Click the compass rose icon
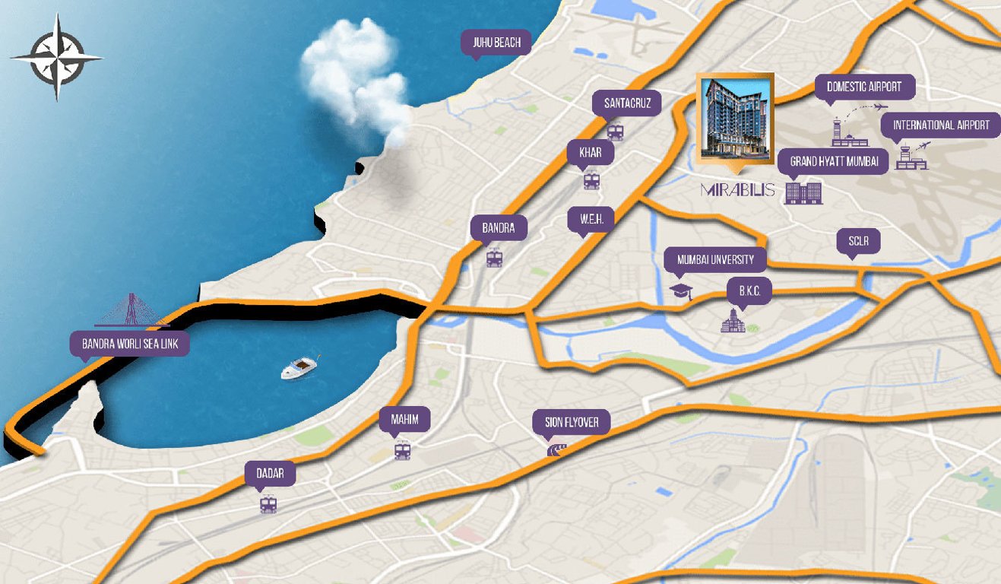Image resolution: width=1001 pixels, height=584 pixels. point(56,57)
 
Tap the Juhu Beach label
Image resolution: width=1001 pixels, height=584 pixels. point(497,43)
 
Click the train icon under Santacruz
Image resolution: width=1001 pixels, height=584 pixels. point(615,132)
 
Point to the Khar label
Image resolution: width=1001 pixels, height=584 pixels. point(591,152)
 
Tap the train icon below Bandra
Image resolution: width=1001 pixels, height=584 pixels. point(495,258)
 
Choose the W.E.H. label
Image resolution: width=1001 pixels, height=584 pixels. point(591,220)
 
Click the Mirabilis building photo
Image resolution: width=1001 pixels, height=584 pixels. point(735,117)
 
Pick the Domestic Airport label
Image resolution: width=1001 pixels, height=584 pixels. point(863,87)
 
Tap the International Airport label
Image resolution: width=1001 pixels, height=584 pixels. point(941,125)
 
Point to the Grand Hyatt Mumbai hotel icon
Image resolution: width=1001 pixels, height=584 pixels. point(803,192)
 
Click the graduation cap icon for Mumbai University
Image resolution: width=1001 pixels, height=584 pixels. point(680,292)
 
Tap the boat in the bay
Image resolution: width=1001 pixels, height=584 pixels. point(300,368)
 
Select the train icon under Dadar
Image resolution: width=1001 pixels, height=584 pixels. point(268,503)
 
